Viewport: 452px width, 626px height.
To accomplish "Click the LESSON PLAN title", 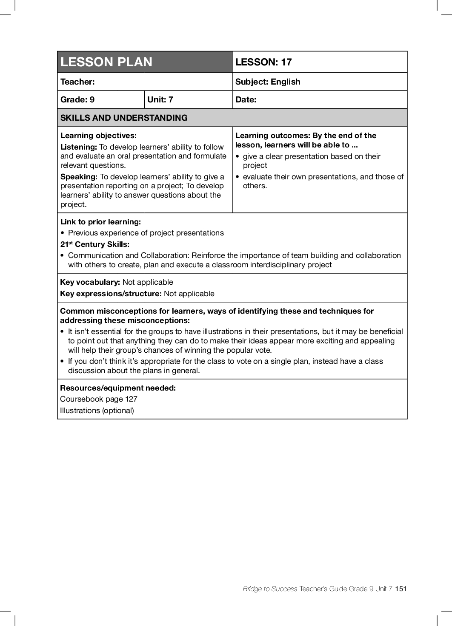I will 106,62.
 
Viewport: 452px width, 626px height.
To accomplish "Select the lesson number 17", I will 286,62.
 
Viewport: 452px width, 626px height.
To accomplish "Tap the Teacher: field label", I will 77,82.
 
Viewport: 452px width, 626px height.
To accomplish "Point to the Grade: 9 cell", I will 77,99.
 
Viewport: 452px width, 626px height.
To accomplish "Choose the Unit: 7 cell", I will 160,99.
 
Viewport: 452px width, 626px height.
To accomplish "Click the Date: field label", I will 246,99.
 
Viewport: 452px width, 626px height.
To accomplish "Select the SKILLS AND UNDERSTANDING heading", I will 124,118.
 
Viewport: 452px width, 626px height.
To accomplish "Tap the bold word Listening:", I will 79,147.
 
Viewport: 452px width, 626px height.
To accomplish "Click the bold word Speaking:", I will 79,177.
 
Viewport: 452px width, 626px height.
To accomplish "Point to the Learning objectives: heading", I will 98,136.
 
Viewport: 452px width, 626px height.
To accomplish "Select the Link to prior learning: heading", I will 100,222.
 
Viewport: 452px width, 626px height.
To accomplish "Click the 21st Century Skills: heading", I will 95,244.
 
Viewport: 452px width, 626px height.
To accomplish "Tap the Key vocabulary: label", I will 90,282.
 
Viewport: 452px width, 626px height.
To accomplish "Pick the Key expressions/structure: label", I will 111,294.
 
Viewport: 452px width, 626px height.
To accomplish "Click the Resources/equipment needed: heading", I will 118,388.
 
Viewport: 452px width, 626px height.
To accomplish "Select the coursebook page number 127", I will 131,399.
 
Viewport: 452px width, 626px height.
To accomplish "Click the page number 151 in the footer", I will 401,589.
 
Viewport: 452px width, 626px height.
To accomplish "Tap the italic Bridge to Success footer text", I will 270,589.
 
